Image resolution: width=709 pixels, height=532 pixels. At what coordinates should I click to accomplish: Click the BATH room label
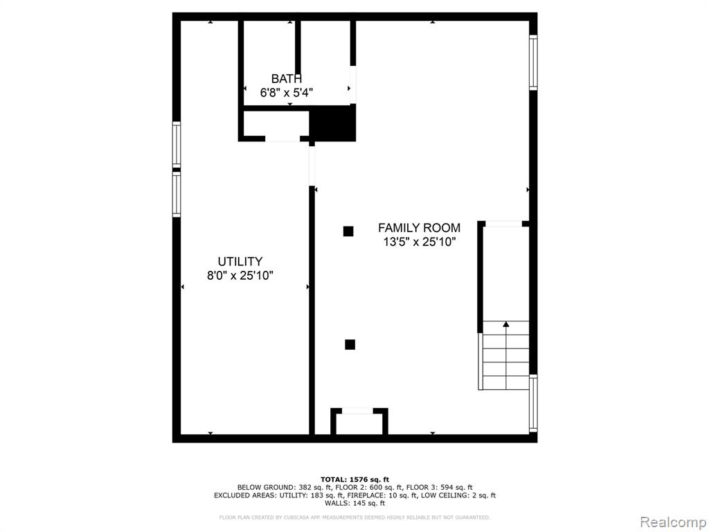286,79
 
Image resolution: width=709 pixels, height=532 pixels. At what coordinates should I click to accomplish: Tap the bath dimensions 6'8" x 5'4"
286,93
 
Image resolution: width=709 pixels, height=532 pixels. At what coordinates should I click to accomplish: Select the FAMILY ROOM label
419,227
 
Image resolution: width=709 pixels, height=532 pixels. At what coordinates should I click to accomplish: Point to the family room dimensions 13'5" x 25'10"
419,242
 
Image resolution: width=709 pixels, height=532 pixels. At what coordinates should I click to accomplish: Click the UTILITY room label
240,261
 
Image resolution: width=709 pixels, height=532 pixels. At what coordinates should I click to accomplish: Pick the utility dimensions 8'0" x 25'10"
240,276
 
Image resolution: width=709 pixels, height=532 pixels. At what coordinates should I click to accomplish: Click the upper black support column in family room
348,231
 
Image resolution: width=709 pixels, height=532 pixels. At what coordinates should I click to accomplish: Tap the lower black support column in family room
350,345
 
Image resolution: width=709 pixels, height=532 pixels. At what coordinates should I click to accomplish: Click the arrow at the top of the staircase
506,324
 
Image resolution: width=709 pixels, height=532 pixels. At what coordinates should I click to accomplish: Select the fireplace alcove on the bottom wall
359,422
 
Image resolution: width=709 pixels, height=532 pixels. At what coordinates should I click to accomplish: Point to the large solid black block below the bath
333,123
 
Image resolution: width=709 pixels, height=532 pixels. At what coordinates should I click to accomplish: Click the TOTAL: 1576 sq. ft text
355,479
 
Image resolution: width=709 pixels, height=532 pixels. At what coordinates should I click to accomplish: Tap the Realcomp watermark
673,522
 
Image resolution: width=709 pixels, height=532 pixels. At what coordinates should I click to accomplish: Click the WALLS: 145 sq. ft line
355,503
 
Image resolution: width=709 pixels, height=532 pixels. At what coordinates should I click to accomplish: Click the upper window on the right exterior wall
534,62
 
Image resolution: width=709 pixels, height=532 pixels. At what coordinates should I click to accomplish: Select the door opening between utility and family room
312,166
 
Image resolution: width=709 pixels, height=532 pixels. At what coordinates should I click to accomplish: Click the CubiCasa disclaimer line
354,517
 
